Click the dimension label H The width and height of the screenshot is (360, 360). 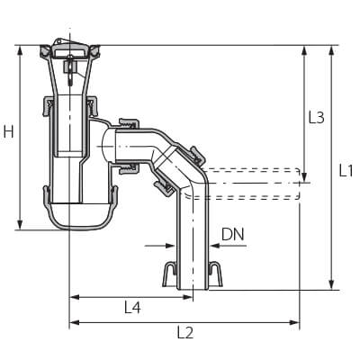click(9, 131)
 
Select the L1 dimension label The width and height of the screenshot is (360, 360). click(346, 171)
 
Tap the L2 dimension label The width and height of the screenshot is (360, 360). click(185, 332)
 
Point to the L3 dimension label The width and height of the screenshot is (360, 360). click(317, 117)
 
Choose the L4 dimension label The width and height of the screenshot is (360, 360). click(132, 308)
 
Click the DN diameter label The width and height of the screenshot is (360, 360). click(233, 235)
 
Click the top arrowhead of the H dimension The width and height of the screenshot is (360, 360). click(20, 50)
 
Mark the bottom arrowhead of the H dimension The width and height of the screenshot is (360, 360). click(20, 225)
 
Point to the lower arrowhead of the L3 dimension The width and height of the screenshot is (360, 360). click(304, 177)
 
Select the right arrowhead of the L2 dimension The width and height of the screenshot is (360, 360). click(294, 322)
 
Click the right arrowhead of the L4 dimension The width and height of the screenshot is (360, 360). click(187, 297)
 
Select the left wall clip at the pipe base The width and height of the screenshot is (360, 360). click(168, 274)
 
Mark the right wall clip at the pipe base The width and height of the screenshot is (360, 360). click(216, 274)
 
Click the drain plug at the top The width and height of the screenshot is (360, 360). click(70, 50)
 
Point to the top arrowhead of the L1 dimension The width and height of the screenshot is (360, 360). click(331, 50)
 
